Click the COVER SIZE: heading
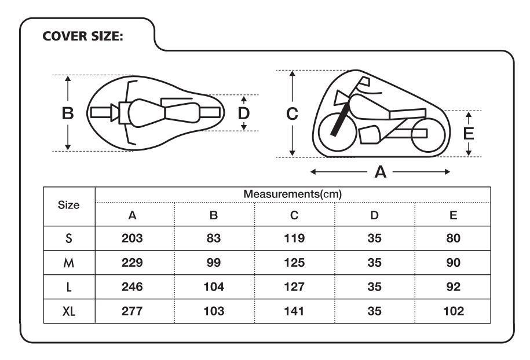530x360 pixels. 83,36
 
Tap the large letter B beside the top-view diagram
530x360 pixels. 68,113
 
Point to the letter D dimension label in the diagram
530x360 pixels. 244,113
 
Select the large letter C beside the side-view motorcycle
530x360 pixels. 292,114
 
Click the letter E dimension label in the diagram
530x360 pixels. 469,133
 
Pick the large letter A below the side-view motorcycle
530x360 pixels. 380,172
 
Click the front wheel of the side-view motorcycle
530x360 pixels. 337,132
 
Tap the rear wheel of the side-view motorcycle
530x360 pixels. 428,135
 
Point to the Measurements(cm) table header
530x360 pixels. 293,194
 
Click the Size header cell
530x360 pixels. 68,205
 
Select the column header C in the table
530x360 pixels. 294,215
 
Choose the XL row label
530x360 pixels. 69,311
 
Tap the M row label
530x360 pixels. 68,262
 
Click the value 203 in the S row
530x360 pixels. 132,238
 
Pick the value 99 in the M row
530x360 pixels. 214,262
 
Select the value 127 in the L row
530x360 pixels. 294,286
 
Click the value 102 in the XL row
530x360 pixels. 454,311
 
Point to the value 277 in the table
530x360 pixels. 132,311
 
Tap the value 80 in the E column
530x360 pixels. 454,238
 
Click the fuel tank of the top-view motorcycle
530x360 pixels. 147,113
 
